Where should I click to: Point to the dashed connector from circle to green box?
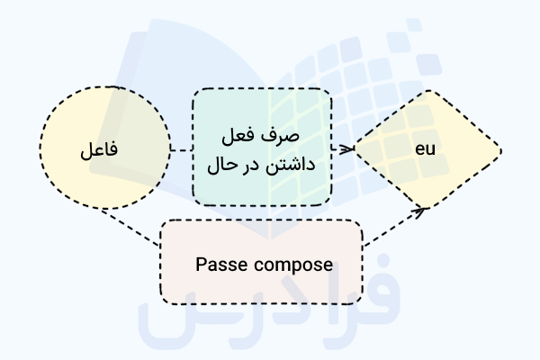181,149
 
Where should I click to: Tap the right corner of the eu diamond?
499,149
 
